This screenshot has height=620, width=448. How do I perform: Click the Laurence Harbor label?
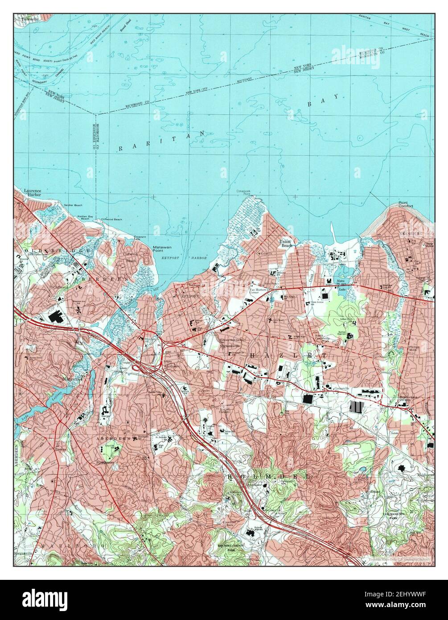[33, 193]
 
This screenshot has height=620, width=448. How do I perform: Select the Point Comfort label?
[406, 206]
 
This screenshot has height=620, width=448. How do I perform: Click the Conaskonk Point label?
[243, 193]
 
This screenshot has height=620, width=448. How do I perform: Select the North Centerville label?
[324, 338]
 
